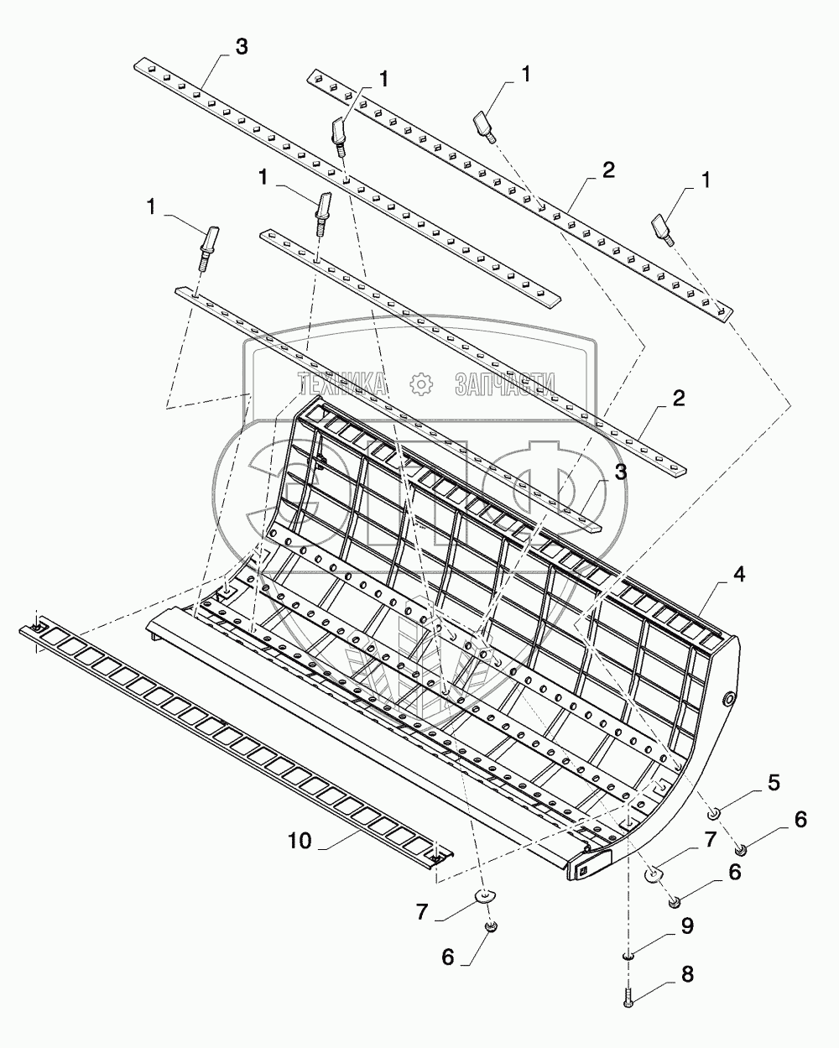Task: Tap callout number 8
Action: tap(686, 975)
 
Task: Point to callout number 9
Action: tap(686, 927)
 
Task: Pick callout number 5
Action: tap(772, 783)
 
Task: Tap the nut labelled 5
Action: tap(713, 811)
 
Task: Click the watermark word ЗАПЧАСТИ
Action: tap(504, 384)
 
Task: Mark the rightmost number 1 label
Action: tap(705, 180)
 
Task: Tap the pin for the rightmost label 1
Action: tap(663, 228)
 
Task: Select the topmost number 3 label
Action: tap(242, 47)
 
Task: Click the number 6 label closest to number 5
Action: tap(800, 820)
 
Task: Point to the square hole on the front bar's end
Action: tap(583, 870)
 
